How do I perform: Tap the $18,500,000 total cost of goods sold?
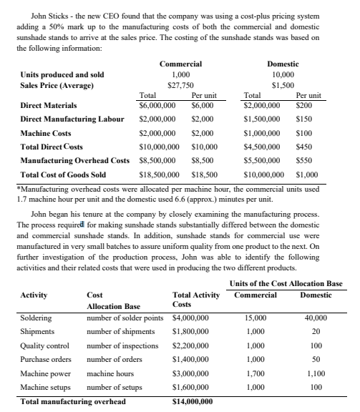(x=158, y=174)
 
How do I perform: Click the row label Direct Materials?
(x=46, y=104)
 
